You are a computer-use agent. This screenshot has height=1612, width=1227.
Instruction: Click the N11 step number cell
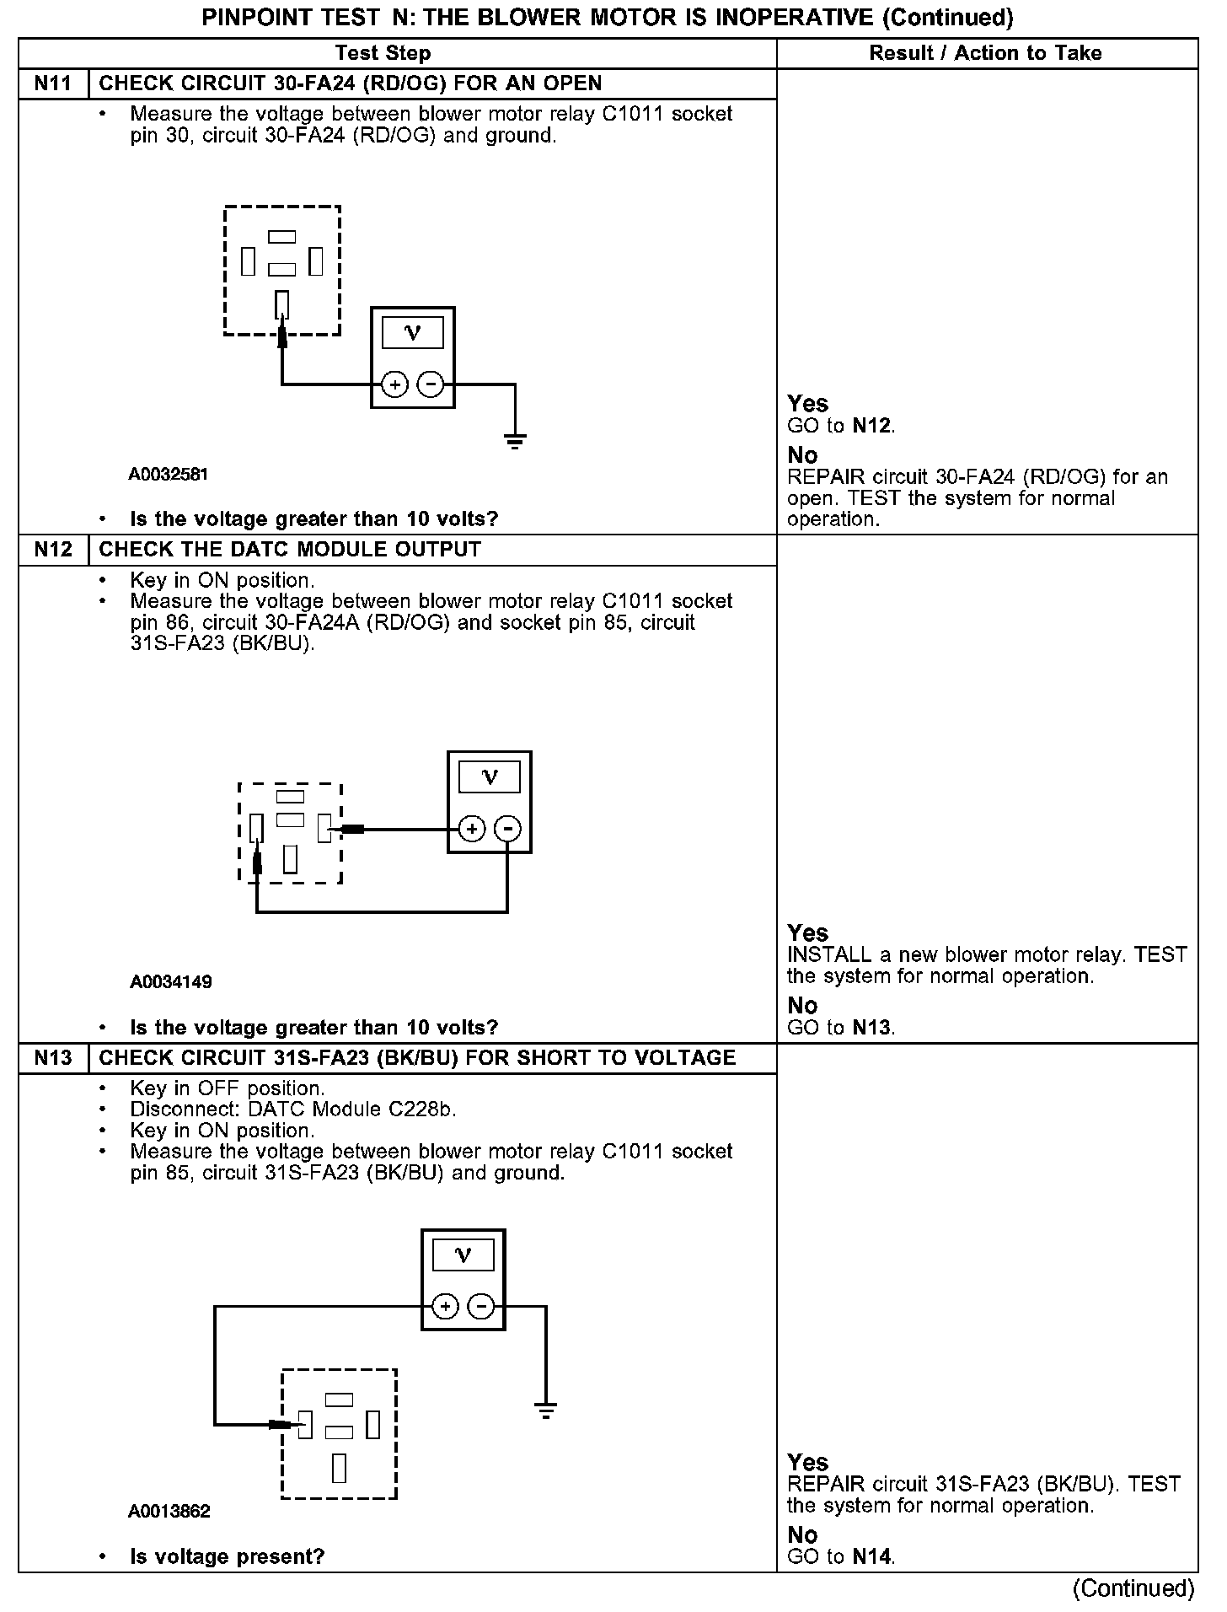(53, 83)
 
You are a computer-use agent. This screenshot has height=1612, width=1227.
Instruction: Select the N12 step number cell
(53, 550)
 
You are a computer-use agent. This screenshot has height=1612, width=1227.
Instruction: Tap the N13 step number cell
(53, 1058)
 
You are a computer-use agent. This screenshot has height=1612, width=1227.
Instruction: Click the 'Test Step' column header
(383, 53)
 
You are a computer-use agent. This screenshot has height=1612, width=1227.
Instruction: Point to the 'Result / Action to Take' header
(985, 53)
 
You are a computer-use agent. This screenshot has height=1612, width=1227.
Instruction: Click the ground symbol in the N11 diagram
(515, 440)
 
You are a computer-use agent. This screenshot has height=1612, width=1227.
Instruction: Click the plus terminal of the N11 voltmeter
(394, 384)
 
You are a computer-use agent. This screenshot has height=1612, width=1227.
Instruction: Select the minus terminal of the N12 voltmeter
(507, 829)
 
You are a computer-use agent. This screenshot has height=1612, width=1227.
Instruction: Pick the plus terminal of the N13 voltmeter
(445, 1307)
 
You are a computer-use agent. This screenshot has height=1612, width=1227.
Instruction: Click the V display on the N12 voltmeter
(489, 776)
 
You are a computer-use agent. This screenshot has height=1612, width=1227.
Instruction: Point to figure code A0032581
(168, 475)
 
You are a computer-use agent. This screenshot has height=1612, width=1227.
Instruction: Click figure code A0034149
(171, 982)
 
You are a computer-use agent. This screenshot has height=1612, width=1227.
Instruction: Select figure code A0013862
(169, 1512)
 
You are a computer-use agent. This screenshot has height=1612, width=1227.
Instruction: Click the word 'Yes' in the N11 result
(807, 403)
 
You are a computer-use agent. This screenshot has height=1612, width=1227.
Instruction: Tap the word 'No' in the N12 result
(802, 1005)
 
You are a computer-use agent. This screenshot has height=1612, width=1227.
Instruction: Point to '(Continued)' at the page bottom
(1133, 1588)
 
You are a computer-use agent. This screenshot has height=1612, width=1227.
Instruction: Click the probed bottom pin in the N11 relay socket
(282, 304)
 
